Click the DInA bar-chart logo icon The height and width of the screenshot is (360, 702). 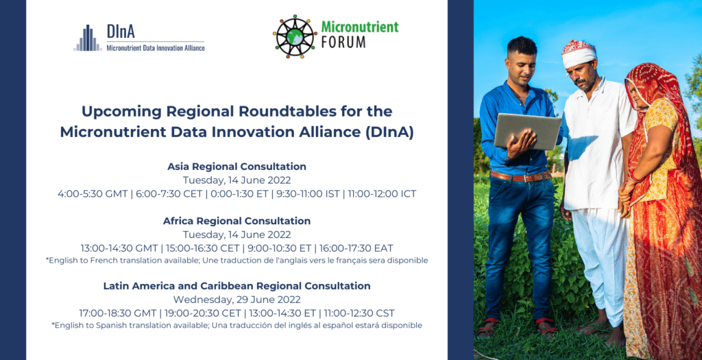88,38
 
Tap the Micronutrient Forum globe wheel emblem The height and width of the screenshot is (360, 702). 295,36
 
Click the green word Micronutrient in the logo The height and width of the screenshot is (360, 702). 360,27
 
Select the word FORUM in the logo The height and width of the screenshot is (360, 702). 343,42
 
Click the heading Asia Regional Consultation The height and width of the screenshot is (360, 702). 237,167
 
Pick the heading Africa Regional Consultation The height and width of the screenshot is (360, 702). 237,221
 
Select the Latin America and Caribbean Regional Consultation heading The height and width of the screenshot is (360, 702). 237,286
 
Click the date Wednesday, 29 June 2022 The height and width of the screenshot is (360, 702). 237,299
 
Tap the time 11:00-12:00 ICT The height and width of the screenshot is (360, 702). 382,194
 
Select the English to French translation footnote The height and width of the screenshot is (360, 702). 237,260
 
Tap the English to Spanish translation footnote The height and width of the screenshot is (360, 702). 237,325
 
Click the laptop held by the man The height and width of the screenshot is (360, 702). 527,131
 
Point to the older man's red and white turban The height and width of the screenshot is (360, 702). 579,53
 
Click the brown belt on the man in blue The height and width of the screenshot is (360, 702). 521,176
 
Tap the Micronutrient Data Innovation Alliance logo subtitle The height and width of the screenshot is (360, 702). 156,47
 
